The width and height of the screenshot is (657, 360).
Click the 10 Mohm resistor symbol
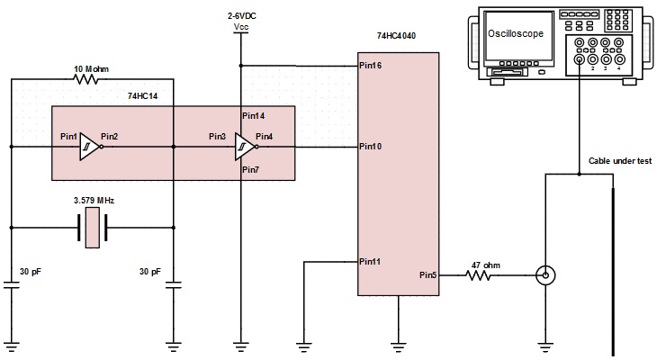pos(85,79)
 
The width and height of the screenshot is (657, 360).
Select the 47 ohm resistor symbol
pos(478,275)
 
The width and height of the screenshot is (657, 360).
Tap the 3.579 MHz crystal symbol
pos(92,228)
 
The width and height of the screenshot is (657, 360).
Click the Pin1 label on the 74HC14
pos(69,137)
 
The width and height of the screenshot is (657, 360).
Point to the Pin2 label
pos(110,137)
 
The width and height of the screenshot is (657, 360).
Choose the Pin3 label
pos(218,137)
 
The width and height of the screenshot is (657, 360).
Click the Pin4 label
pos(265,137)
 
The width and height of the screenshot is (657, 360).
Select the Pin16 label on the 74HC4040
pos(371,66)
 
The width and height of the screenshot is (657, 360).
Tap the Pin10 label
pos(371,147)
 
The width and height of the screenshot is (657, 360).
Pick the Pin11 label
pos(370,262)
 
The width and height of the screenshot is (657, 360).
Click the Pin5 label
pos(428,275)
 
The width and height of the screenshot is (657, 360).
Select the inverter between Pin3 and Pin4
pos(246,147)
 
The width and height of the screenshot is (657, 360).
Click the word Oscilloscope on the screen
pos(516,33)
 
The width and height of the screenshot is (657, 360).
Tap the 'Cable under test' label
pos(620,161)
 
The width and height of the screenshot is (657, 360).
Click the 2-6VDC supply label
pos(242,16)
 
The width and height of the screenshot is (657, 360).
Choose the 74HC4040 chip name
pos(396,36)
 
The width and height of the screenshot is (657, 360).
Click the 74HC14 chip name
pos(143,96)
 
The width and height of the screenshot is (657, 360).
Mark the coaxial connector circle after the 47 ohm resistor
pos(545,275)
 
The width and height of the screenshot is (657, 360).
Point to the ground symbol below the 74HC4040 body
pos(398,347)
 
